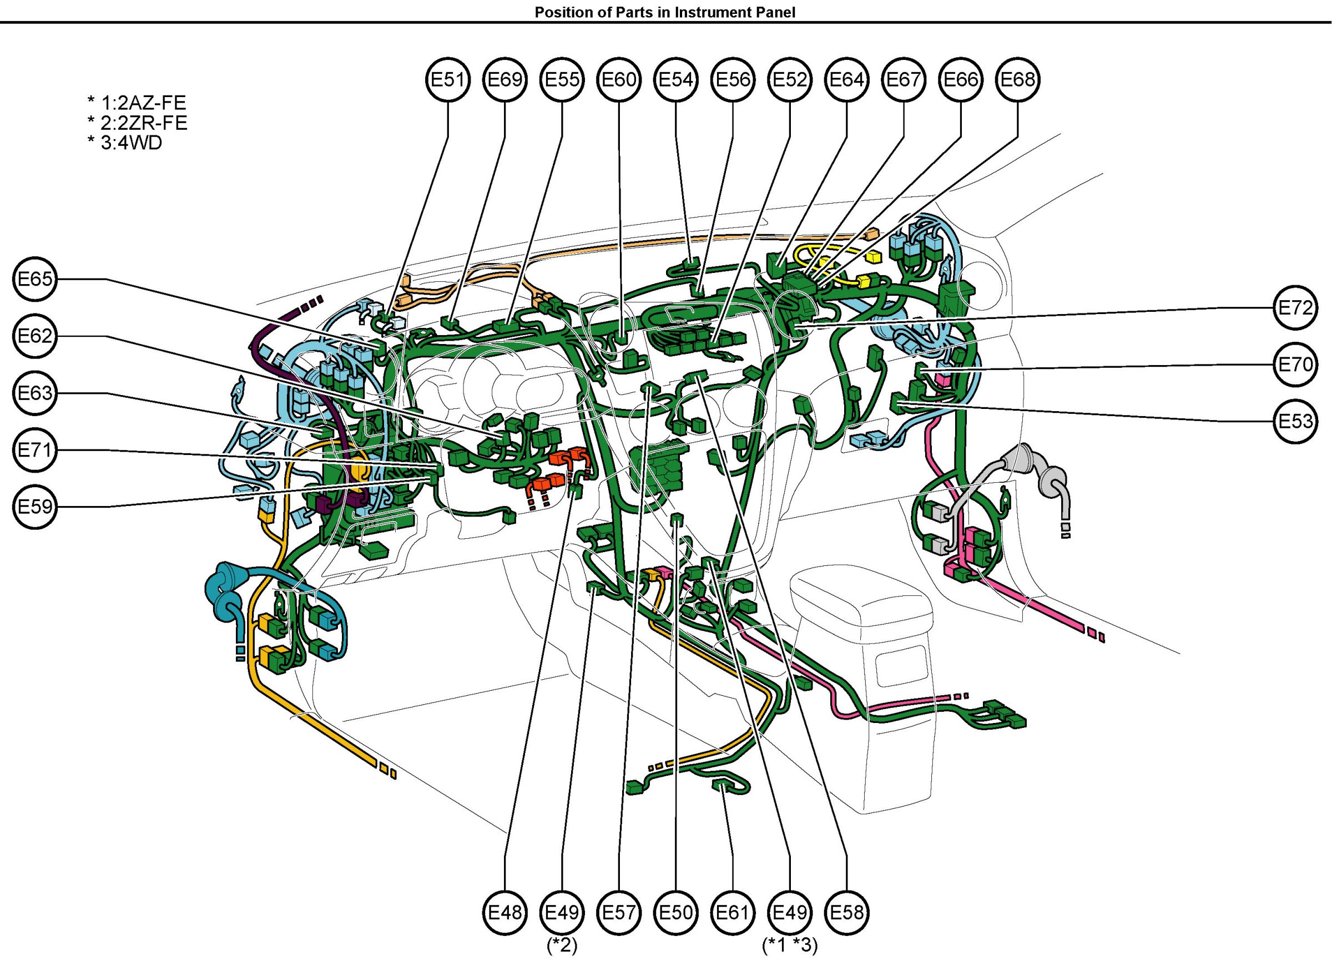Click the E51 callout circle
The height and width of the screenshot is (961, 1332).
[448, 79]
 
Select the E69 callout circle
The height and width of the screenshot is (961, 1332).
[505, 79]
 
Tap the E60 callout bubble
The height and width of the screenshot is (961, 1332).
[619, 79]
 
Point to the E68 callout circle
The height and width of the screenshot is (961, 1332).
[1018, 79]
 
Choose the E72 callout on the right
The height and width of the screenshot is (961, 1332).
[1295, 307]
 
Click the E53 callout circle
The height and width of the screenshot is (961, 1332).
[1295, 422]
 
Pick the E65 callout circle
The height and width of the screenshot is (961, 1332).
[35, 279]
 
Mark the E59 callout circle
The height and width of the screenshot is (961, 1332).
[35, 507]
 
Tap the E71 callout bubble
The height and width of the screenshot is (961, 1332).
[35, 451]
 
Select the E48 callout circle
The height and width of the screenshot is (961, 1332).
[505, 912]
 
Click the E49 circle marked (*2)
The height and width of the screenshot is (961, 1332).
[562, 912]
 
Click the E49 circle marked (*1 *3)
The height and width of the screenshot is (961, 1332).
[790, 912]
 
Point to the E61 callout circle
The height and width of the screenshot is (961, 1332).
[733, 912]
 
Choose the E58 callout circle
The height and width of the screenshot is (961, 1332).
[847, 912]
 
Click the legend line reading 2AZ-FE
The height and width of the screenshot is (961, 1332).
[137, 103]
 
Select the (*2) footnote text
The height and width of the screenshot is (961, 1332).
[562, 945]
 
